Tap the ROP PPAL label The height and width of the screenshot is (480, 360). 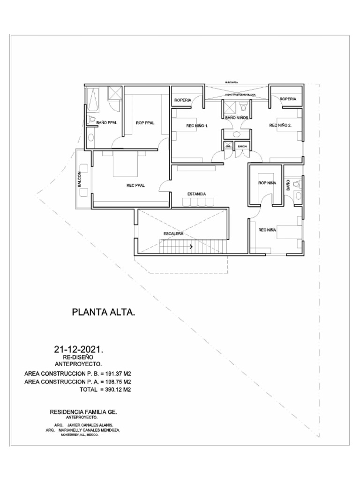point(145,123)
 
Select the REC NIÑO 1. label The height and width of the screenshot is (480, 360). point(197,126)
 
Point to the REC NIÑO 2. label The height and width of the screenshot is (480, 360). point(280,125)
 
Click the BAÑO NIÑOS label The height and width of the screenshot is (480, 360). point(236,119)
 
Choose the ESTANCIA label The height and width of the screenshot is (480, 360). point(197,194)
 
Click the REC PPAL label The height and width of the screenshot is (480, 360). point(136,185)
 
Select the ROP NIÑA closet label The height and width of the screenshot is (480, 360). point(266,183)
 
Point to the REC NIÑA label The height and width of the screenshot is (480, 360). point(267,230)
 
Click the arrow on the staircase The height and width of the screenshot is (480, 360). point(191,246)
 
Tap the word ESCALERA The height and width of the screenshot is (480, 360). point(173,233)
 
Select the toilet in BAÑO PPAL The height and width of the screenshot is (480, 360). point(92,119)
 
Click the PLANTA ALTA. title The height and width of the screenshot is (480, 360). point(104,312)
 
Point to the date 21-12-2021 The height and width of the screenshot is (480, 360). point(79,350)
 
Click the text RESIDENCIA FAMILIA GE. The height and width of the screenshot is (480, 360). point(83,411)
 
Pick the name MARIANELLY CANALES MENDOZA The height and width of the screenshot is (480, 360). point(91,429)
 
